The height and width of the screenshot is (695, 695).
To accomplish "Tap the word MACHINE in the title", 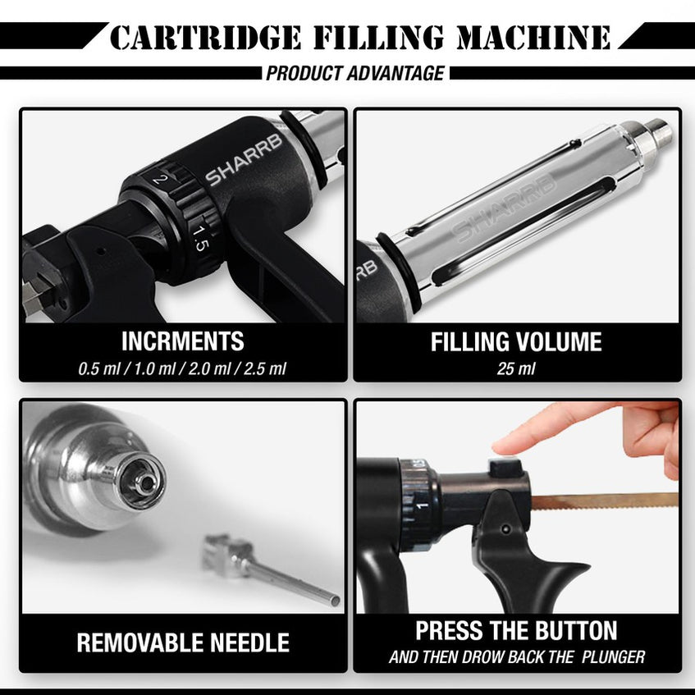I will (x=534, y=38).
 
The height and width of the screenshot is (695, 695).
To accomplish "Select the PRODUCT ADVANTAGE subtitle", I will (x=354, y=73).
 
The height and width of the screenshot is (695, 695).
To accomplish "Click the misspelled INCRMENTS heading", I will (x=182, y=341).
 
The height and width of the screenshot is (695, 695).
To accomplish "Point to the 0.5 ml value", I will (x=101, y=368).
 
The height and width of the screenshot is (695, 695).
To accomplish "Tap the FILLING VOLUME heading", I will (x=516, y=341).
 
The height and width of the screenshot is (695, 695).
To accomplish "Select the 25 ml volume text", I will (x=516, y=368).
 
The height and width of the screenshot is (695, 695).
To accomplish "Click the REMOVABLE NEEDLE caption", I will (x=182, y=642).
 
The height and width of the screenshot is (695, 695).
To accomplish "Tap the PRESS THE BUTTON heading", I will (x=516, y=630).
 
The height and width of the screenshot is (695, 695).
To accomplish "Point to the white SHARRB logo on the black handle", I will (x=244, y=159).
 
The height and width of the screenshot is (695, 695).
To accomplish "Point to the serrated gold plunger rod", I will (x=607, y=500).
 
